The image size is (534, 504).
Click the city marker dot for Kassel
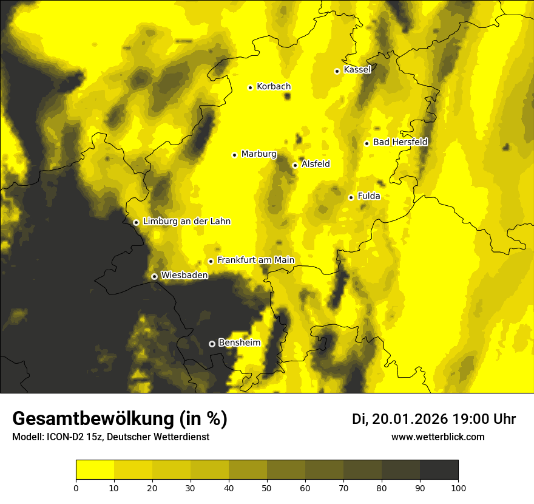(337, 71)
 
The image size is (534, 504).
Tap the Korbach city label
(274, 87)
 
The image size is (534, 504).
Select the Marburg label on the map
(259, 154)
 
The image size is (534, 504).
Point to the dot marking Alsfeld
(295, 165)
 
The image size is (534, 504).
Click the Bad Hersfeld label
(400, 142)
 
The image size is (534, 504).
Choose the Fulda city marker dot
(351, 197)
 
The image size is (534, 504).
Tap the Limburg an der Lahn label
(187, 222)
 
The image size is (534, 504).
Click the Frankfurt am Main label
(255, 261)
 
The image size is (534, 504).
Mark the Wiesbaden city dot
(154, 276)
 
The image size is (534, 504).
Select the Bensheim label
(239, 342)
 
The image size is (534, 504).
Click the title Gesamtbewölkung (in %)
(120, 419)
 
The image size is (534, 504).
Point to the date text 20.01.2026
(410, 419)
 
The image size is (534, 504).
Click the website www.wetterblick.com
(438, 437)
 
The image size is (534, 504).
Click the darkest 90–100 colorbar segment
(439, 470)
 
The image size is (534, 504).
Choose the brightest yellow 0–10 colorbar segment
(95, 470)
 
